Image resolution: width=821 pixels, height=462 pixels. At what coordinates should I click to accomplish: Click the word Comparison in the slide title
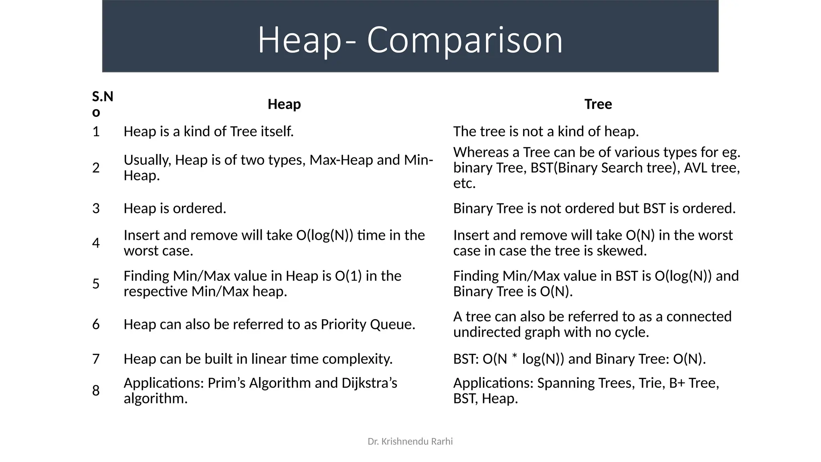(x=465, y=40)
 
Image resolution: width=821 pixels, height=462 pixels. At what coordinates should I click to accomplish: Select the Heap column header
(x=284, y=104)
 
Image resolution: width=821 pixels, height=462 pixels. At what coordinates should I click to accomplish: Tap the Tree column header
(x=598, y=104)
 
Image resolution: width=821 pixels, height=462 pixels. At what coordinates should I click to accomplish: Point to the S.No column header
(x=102, y=104)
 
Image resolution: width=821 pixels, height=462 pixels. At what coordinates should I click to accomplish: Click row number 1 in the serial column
(x=96, y=132)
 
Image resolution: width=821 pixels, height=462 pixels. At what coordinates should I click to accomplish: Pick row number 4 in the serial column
(x=96, y=243)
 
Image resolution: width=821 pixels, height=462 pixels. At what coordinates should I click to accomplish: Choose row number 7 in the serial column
(x=96, y=359)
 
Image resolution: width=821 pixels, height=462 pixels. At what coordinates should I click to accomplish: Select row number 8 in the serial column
(x=96, y=391)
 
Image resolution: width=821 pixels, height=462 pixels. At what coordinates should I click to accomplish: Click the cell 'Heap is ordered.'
(x=175, y=209)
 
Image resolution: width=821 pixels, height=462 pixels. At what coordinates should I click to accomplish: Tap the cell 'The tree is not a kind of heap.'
(x=546, y=132)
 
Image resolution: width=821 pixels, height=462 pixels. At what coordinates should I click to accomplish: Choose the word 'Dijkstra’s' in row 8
(x=369, y=383)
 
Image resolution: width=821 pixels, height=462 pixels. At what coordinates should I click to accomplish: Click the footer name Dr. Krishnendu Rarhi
(x=410, y=442)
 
